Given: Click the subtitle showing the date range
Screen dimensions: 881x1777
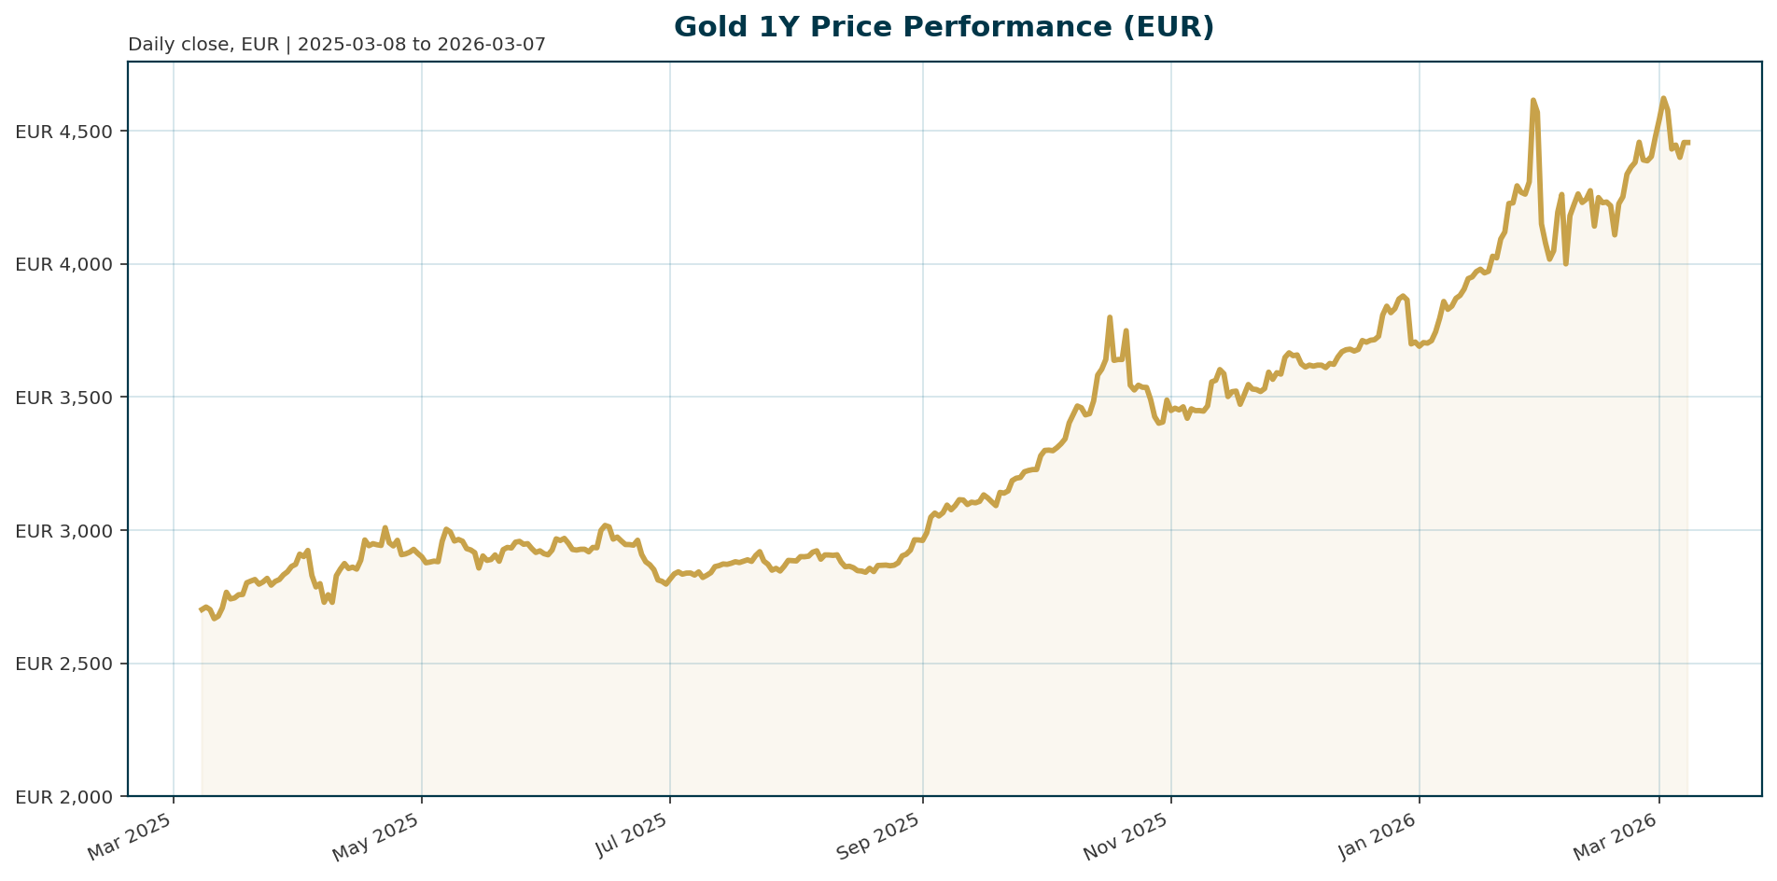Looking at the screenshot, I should (x=336, y=45).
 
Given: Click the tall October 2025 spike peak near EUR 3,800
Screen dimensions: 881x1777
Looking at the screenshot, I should (x=1110, y=317).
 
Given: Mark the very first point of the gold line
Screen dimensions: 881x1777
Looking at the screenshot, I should (x=201, y=610).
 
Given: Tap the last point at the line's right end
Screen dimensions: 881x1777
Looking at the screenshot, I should (x=1688, y=142).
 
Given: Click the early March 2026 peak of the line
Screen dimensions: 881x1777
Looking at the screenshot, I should (x=1663, y=98).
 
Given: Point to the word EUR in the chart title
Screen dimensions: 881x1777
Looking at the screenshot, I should (x=1181, y=27).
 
